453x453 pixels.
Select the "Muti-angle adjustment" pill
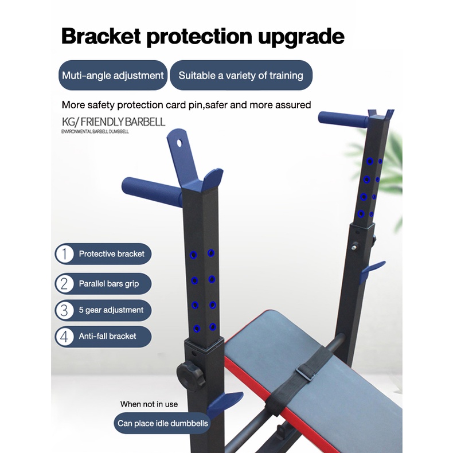coord(112,76)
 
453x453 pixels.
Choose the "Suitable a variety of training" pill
coord(241,76)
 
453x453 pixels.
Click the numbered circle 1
coord(65,253)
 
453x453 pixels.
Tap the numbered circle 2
coord(65,283)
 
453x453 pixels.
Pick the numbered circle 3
coord(65,310)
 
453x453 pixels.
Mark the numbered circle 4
coord(65,336)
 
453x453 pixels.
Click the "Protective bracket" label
coord(111,253)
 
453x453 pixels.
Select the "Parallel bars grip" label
coord(108,283)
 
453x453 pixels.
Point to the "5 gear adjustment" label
coord(111,310)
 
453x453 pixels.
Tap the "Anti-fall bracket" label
coord(107,336)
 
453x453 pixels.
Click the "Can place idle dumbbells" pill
coord(163,424)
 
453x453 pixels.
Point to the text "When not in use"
coord(149,404)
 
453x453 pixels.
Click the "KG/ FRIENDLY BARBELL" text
coord(114,122)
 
